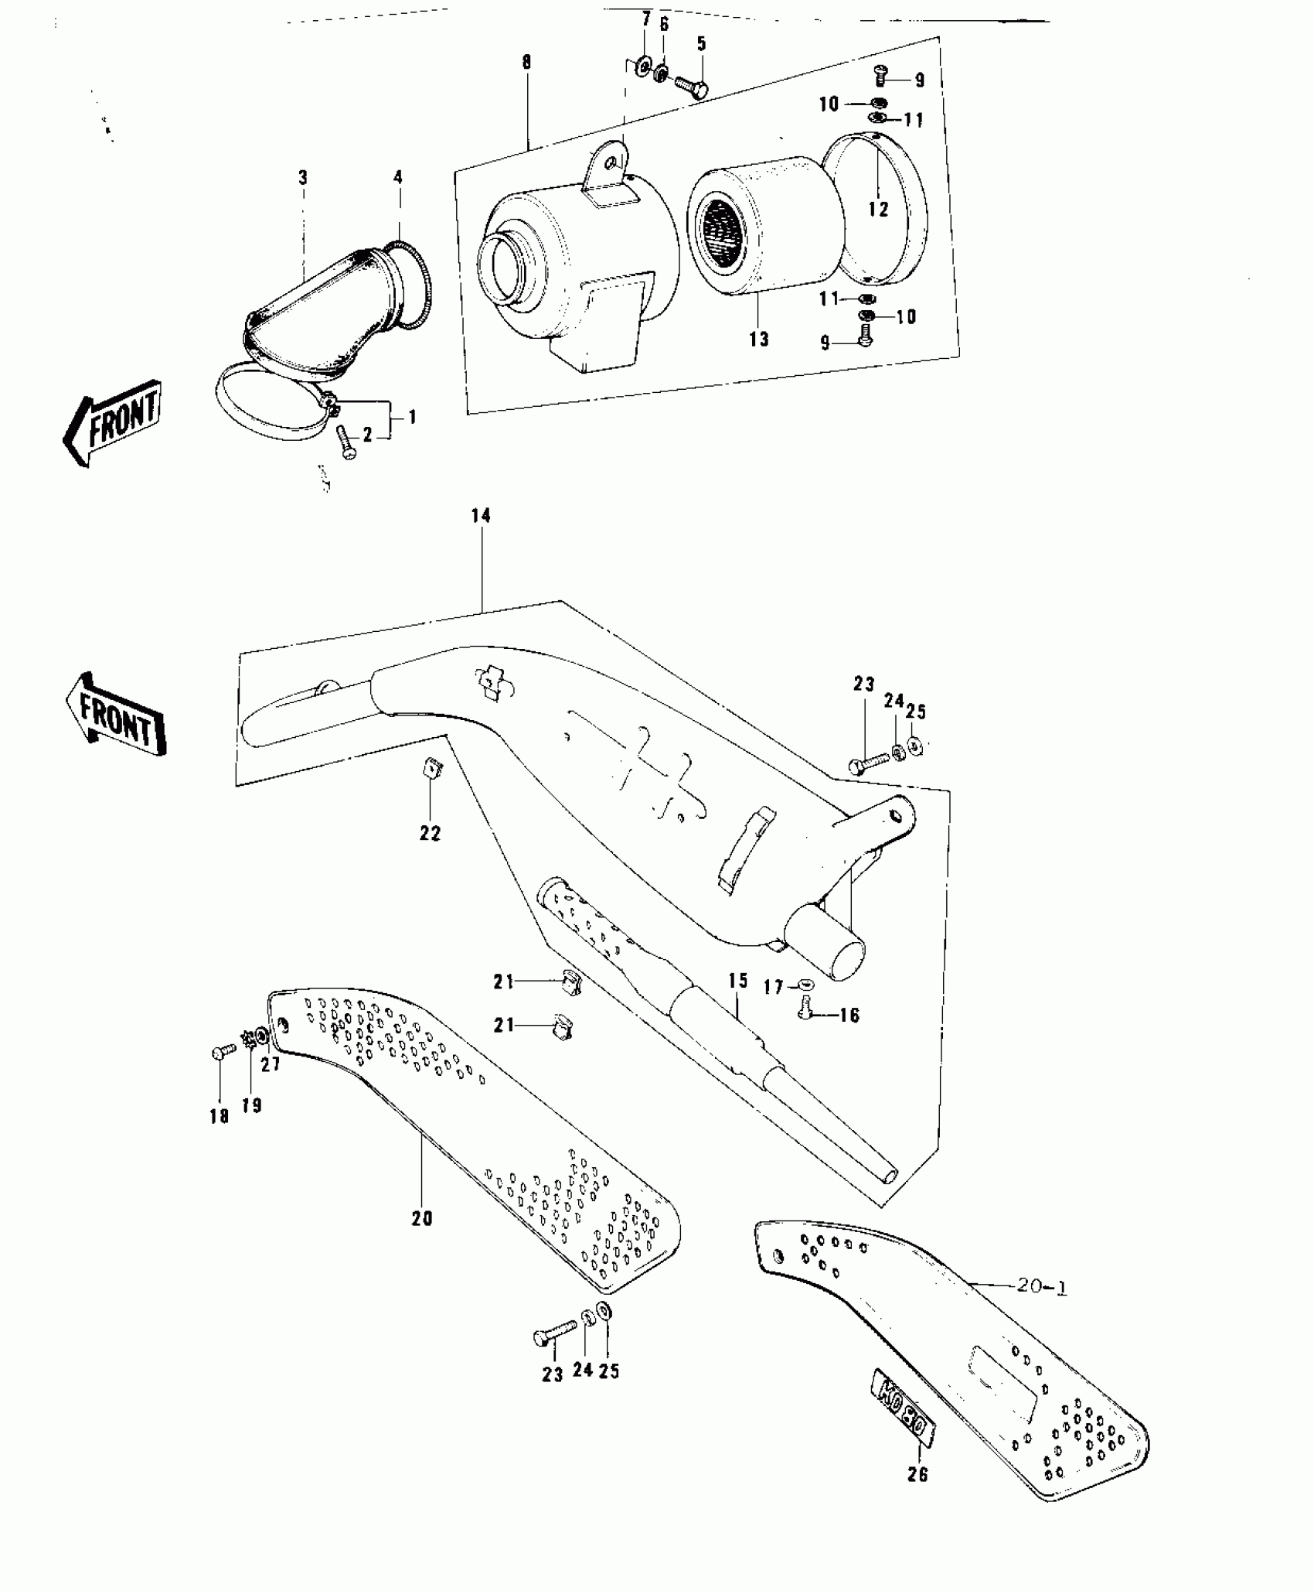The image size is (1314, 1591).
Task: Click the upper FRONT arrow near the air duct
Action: [x=114, y=422]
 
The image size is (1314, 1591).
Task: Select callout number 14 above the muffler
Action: [x=481, y=516]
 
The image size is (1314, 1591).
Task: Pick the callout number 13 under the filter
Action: [x=759, y=339]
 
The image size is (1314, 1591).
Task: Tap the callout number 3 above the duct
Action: [x=303, y=178]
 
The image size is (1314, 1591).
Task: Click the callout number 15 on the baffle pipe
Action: [x=738, y=981]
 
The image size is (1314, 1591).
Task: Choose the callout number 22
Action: [x=430, y=833]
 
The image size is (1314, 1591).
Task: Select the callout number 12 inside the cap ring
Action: [x=878, y=209]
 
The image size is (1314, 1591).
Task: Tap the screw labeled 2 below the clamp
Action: [x=345, y=443]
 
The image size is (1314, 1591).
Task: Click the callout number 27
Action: [x=270, y=1064]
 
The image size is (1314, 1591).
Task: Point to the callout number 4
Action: [x=398, y=178]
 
